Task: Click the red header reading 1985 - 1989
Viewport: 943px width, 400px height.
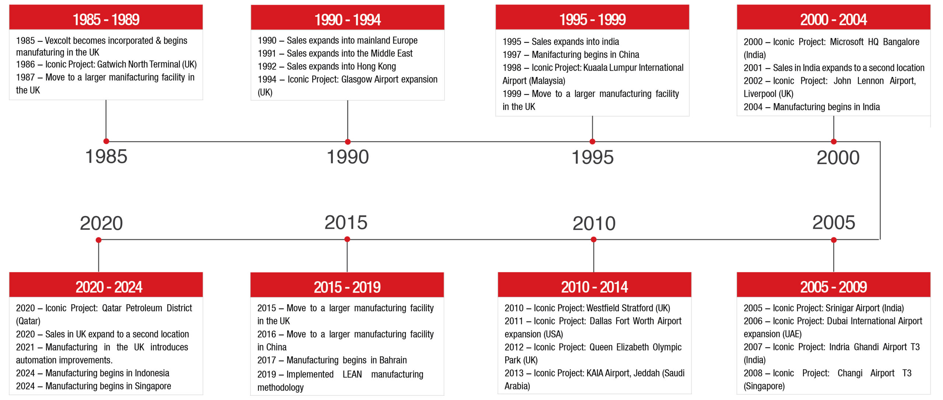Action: click(x=106, y=17)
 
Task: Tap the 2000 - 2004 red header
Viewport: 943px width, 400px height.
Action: click(x=833, y=17)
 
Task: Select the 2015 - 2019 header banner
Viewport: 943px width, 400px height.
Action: click(x=347, y=285)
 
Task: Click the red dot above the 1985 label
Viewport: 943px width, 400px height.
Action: click(x=106, y=141)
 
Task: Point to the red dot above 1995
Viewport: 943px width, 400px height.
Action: click(x=592, y=142)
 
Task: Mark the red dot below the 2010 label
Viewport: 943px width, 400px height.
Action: click(x=593, y=240)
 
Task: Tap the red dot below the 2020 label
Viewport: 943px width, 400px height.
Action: click(x=98, y=240)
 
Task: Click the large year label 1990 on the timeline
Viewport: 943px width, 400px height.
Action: click(x=348, y=157)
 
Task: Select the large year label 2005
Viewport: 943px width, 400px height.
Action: click(x=834, y=222)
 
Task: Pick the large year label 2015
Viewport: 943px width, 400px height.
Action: click(x=346, y=222)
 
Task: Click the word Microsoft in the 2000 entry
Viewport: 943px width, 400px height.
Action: click(x=846, y=42)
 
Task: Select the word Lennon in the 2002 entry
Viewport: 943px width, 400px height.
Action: click(x=870, y=81)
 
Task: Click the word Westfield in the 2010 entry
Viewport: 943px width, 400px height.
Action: click(x=604, y=308)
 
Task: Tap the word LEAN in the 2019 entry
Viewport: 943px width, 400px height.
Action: click(x=352, y=374)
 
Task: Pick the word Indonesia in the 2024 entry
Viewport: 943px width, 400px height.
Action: click(x=152, y=373)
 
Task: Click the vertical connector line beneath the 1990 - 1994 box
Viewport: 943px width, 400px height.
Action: click(x=347, y=121)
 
